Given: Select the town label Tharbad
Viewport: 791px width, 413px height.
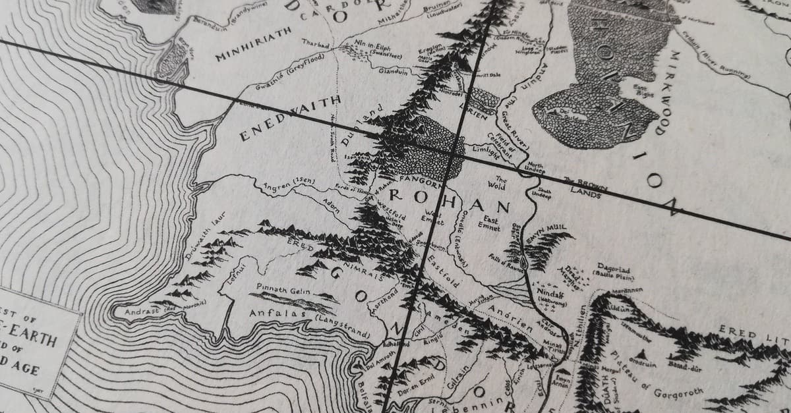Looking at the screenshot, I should click(x=314, y=44).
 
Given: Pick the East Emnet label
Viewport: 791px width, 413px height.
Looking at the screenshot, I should click(x=489, y=223).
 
